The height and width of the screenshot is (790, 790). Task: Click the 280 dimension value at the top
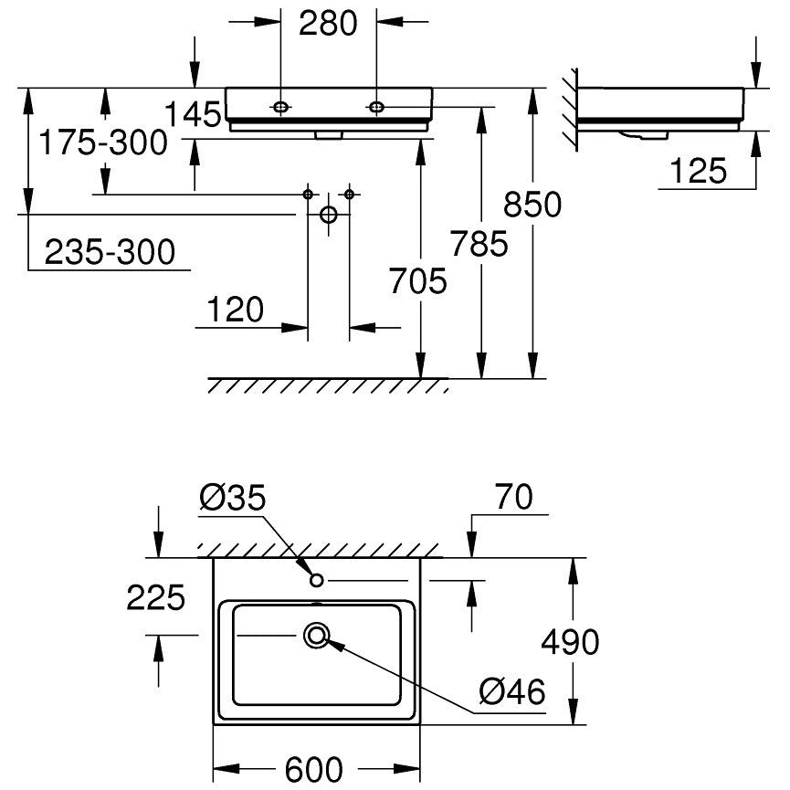pos(328,23)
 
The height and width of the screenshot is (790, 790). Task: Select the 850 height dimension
pos(532,205)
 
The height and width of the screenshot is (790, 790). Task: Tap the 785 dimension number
pos(479,244)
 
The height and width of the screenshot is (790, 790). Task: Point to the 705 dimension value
pos(418,280)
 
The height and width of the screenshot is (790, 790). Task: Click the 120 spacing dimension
pos(236,310)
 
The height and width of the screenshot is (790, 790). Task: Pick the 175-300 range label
pos(103,142)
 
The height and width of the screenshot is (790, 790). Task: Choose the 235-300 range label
pos(110,252)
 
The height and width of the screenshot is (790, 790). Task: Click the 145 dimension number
pos(193,114)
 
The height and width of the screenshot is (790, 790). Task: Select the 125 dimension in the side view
pos(699,171)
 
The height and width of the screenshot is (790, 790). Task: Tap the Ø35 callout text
pos(232,498)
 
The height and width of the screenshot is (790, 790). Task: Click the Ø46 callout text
pos(512,691)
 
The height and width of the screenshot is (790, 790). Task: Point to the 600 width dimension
pos(314,769)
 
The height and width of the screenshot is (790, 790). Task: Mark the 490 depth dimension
pos(570,642)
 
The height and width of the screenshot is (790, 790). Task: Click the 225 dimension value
pos(155,598)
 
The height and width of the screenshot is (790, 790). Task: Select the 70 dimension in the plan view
pos(513,497)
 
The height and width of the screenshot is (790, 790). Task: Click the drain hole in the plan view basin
pos(316,636)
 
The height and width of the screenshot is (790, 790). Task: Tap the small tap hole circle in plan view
pos(316,581)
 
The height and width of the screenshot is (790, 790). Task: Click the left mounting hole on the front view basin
pos(280,107)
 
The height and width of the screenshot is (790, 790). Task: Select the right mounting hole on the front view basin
pos(376,107)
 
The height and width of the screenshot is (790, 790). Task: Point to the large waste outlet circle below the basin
pos(329,215)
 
